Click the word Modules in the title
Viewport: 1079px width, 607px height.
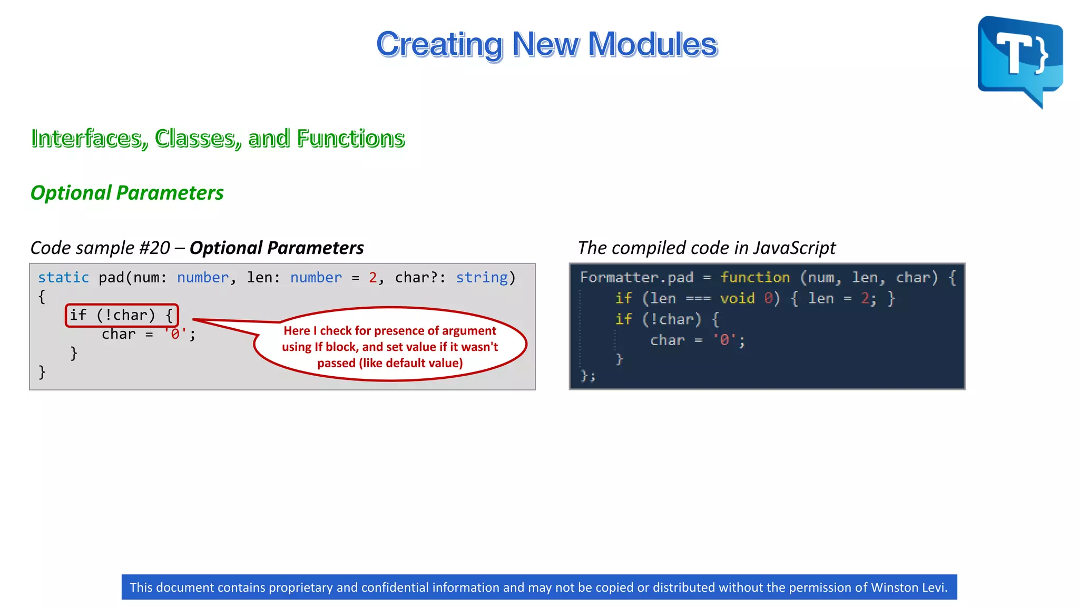652,44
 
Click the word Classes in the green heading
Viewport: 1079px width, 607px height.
198,139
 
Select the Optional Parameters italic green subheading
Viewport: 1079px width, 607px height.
127,193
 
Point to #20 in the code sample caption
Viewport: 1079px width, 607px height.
154,248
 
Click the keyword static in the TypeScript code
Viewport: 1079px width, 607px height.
63,278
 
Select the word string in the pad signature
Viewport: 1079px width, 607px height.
482,278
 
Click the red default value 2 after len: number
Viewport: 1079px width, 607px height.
372,278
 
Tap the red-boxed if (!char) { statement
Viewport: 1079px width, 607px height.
122,315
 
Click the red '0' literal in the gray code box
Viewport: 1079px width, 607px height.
175,334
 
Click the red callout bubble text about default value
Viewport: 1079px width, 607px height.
390,347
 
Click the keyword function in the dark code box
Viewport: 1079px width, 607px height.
754,278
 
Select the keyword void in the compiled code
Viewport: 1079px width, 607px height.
737,299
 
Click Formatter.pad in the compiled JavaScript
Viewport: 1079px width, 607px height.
636,278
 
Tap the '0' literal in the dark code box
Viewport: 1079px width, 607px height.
724,340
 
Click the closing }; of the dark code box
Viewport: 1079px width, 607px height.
587,376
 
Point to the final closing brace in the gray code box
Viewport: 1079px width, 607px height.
42,372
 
